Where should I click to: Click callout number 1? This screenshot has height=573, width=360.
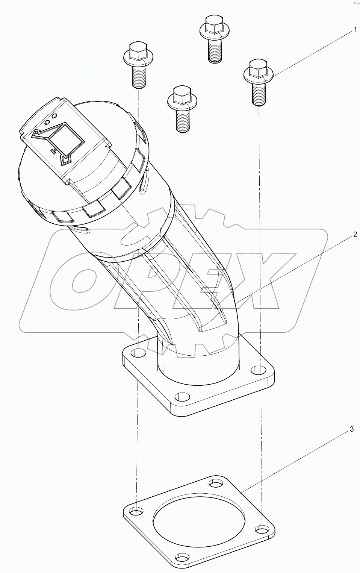354,30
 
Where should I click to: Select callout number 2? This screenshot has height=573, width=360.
354,235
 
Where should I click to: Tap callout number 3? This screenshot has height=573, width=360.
352,429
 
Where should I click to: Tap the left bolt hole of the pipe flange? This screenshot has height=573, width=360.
139,353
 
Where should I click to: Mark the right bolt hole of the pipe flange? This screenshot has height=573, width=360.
257,370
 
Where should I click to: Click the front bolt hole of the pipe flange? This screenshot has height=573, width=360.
183,397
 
